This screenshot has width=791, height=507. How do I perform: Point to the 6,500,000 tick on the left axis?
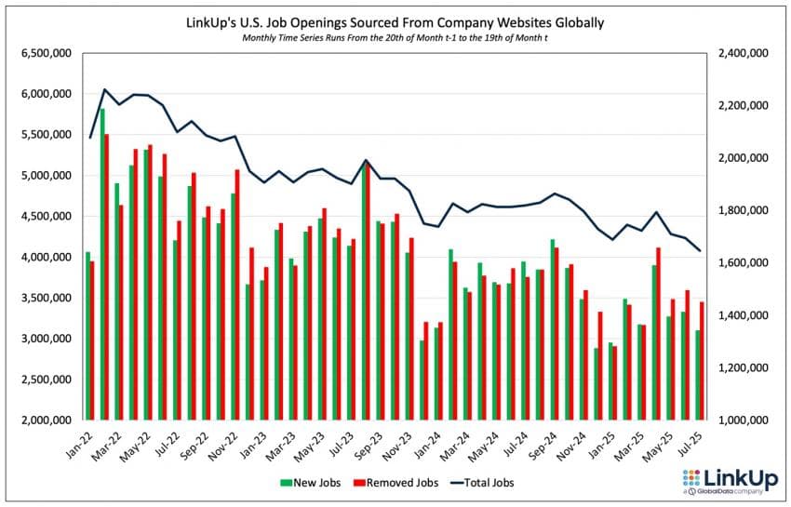point(45,54)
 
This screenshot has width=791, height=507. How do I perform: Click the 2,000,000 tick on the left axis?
point(45,420)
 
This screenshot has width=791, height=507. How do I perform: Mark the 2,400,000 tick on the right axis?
point(743,54)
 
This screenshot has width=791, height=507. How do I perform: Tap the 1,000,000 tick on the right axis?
point(743,420)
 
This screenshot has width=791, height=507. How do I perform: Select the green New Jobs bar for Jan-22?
point(87,336)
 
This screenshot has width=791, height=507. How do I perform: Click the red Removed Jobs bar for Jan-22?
point(92,340)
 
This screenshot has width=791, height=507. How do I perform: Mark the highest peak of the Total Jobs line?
point(104,90)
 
